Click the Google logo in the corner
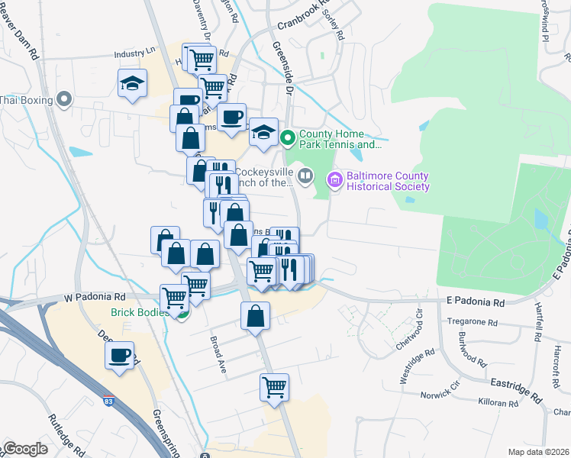tap(25, 449)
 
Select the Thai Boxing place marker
tap(64, 99)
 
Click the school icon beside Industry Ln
tap(132, 83)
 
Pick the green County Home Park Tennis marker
tap(287, 138)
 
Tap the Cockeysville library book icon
tap(305, 177)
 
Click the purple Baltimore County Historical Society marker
tap(334, 181)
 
